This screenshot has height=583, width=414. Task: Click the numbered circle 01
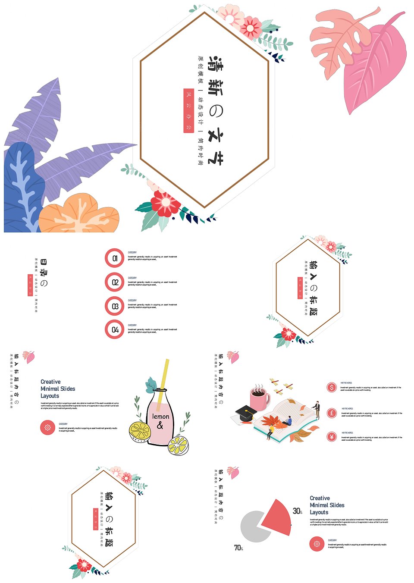pos(115,258)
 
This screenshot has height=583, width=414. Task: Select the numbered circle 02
pos(115,282)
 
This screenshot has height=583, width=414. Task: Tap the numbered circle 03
pos(115,306)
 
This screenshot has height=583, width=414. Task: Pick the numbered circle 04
pos(115,329)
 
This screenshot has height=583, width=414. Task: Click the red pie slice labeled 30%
pos(277,517)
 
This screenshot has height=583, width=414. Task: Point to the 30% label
pos(297,511)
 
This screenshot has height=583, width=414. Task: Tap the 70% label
pos(238,548)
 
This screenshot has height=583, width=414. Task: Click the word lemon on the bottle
pos(160,417)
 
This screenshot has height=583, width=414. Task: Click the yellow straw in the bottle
pos(164,379)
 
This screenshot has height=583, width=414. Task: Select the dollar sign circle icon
pos(332,387)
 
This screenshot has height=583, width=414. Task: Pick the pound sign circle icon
pos(332,413)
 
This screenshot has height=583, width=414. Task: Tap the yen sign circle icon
pos(332,437)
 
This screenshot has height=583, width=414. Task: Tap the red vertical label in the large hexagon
pos(188,110)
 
